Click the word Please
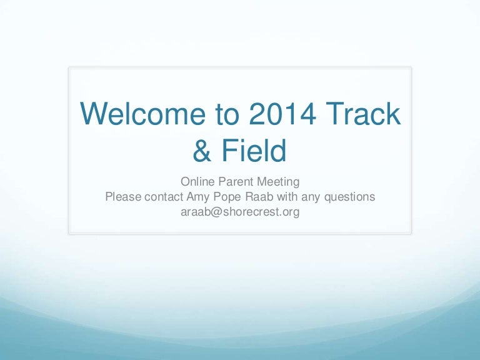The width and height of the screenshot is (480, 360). [x=122, y=197]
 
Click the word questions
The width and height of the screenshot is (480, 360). [x=351, y=197]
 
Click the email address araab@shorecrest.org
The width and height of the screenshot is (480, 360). [x=240, y=212]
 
